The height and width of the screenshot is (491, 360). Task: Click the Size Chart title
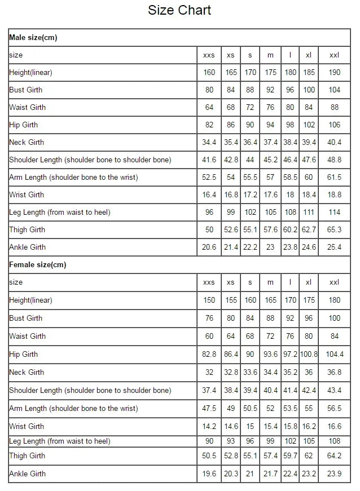pos(179,10)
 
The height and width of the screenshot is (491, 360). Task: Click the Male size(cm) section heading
pos(33,38)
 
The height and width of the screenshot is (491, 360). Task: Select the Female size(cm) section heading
pos(37,264)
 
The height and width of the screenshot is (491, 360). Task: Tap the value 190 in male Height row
pos(335,72)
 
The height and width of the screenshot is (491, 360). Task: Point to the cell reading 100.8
pos(309,354)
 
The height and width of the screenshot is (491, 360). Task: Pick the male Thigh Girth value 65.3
pos(335,229)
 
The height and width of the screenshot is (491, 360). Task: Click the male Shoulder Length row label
pos(90,160)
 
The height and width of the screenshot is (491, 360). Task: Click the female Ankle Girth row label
pos(27,474)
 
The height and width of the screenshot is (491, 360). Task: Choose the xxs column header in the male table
pos(209,55)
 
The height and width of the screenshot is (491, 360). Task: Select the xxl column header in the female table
pos(335,282)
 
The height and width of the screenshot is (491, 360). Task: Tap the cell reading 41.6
pos(209,160)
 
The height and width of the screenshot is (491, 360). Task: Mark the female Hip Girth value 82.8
pos(209,354)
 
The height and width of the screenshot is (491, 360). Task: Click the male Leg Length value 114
pos(335,212)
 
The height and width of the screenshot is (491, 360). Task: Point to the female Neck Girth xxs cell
pos(209,372)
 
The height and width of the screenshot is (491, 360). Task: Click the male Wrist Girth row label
pos(26,194)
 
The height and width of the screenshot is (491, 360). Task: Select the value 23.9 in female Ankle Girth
pos(335,474)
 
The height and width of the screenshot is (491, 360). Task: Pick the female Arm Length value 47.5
pos(209,408)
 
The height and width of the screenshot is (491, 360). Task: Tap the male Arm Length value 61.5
pos(335,177)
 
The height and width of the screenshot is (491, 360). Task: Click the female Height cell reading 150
pos(209,300)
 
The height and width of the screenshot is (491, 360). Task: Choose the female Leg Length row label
pos(59,441)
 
